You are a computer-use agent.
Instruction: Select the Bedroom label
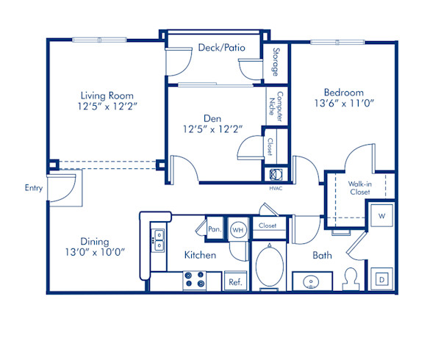(344, 93)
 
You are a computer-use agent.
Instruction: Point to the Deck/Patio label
(221, 48)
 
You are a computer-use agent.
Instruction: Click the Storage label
(276, 62)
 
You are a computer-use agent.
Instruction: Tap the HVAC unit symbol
(275, 174)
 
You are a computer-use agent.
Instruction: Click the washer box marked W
(381, 217)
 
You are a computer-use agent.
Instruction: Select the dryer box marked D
(382, 279)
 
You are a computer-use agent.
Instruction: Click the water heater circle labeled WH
(238, 228)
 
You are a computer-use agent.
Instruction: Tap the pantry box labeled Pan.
(215, 228)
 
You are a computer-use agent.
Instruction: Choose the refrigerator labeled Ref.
(235, 281)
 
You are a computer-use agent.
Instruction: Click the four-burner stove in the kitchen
(194, 281)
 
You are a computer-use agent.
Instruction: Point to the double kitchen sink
(158, 241)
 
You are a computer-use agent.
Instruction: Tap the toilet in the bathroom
(351, 278)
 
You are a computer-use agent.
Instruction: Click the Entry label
(34, 188)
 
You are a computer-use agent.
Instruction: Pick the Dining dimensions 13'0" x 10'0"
(95, 252)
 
